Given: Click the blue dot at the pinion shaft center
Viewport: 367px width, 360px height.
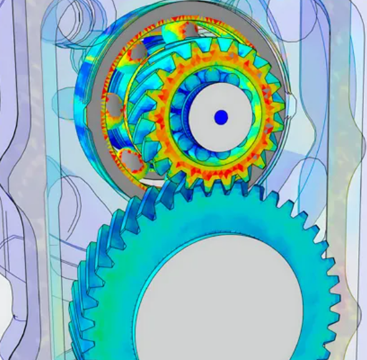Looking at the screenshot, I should pyautogui.click(x=221, y=117).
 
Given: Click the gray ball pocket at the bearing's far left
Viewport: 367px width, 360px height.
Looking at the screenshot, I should pyautogui.click(x=114, y=106).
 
